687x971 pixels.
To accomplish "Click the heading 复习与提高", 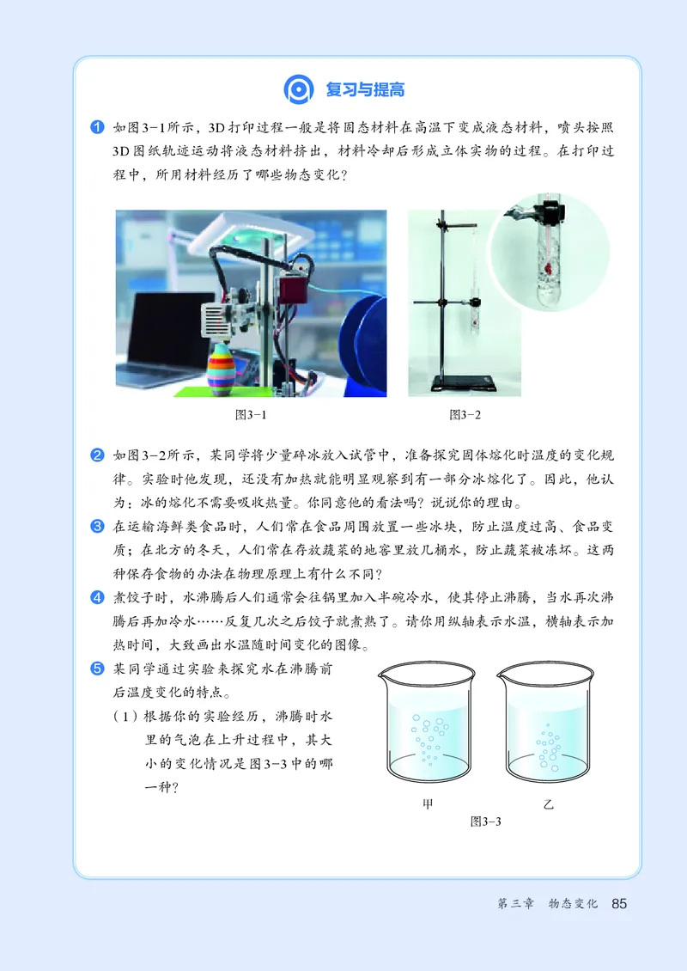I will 365,89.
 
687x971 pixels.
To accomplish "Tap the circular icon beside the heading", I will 297,89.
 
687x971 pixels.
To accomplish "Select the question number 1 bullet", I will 97,128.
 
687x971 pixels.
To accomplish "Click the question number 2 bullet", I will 97,455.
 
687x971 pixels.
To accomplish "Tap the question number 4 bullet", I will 97,597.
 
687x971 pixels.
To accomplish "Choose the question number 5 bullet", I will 97,668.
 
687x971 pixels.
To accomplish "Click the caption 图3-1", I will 251,415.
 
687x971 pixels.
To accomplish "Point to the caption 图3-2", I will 465,415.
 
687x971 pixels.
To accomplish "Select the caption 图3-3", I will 485,821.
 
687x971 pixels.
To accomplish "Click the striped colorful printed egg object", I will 219,368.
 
